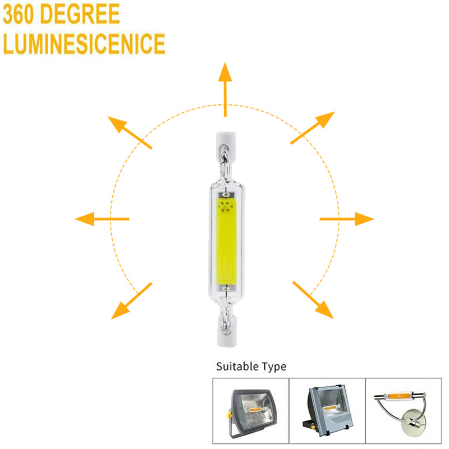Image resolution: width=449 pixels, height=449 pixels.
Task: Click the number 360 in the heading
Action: (19, 14)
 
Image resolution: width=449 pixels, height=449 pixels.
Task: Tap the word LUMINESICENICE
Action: (84, 44)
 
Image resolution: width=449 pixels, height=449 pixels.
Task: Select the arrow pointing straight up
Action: (225, 89)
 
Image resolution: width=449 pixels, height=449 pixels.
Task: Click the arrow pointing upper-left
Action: (130, 132)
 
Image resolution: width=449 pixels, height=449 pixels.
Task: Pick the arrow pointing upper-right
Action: (313, 128)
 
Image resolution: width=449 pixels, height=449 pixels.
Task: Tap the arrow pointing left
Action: (102, 219)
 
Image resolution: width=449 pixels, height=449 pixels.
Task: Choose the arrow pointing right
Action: (347, 219)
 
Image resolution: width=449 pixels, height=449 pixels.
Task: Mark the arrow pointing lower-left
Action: (131, 301)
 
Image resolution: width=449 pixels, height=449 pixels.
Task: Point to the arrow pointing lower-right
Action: (313, 300)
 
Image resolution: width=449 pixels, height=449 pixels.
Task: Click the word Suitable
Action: (237, 366)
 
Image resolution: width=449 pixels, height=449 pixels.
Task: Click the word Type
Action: (274, 367)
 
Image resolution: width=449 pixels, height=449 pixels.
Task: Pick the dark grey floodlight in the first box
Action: (252, 411)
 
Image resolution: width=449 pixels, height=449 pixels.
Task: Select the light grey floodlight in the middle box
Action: (327, 406)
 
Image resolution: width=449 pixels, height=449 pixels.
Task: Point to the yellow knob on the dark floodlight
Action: (229, 414)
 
